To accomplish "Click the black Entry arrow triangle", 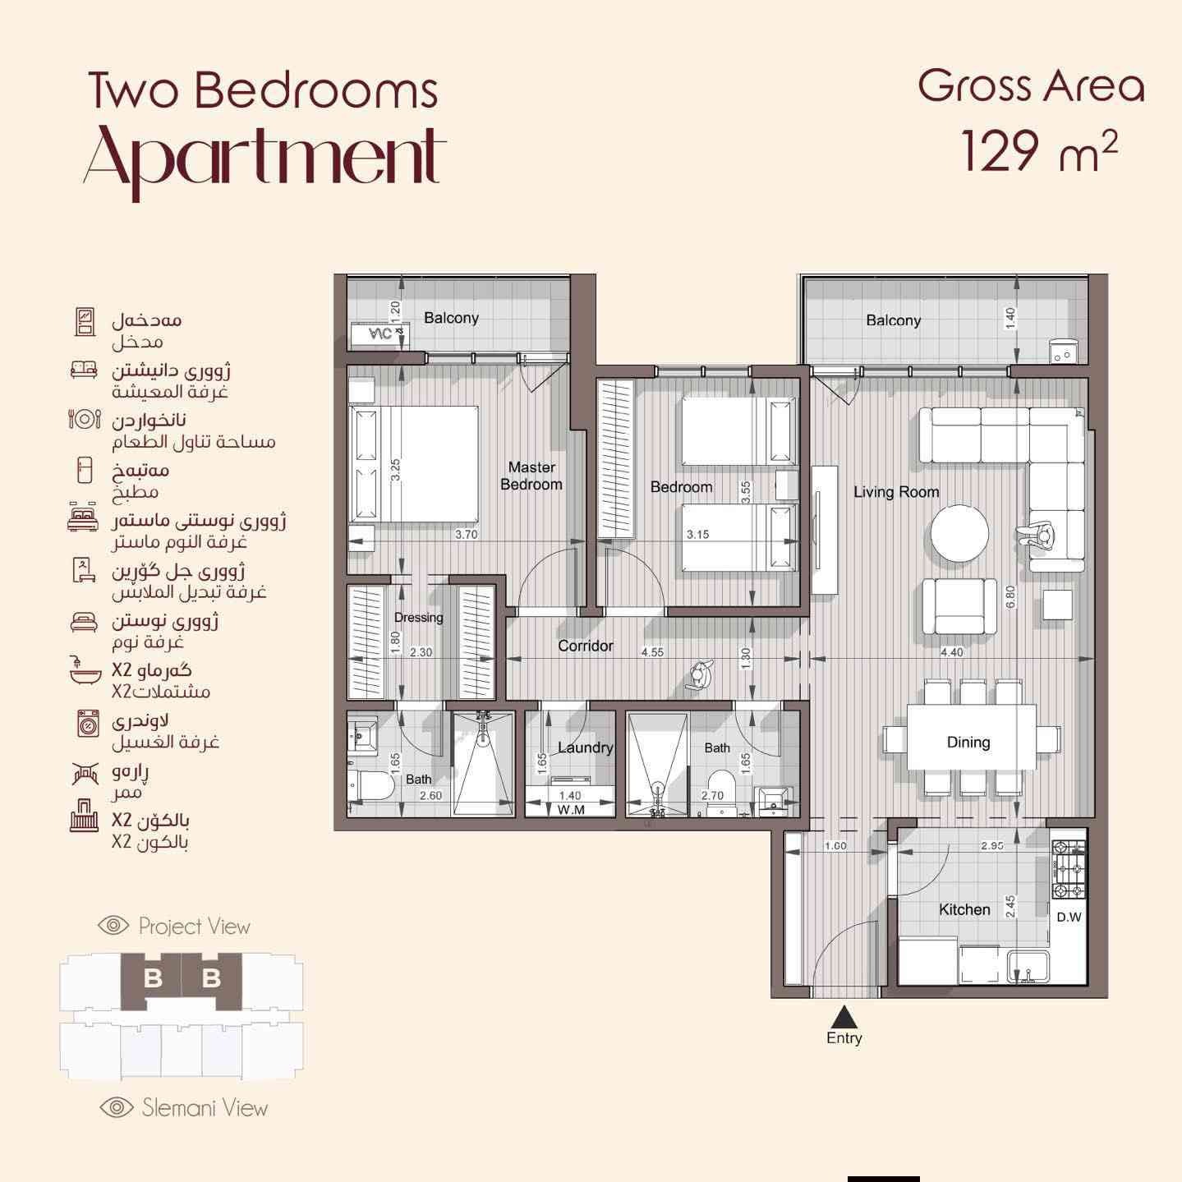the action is tap(844, 1016).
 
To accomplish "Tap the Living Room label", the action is tap(896, 492).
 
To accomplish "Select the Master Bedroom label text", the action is tap(531, 476).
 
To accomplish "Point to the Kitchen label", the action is tap(964, 909).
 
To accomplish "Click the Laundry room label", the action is tap(585, 747).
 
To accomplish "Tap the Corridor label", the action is tap(585, 646).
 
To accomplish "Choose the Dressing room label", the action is tap(418, 618).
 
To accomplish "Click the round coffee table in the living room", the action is tap(959, 533).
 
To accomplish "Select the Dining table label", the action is tap(968, 743).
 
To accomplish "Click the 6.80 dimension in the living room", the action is tap(1010, 597).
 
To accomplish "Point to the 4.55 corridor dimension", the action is tap(653, 652).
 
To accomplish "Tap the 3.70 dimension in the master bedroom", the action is tap(467, 534).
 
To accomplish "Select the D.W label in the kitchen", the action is tap(1069, 918).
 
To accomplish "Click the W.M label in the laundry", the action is tap(570, 810).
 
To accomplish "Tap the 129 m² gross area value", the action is tap(1039, 150).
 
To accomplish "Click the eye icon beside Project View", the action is tap(113, 925).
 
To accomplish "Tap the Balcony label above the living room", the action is tap(893, 320).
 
